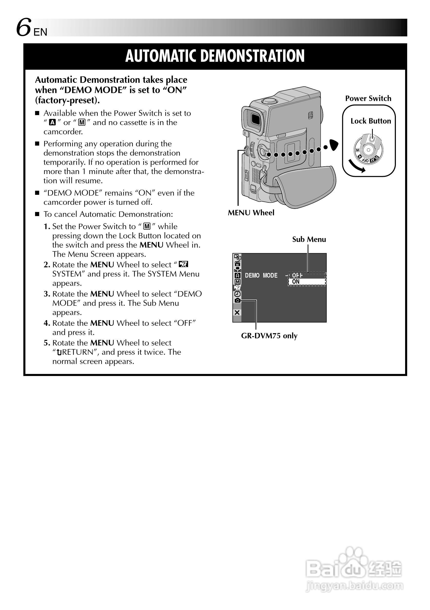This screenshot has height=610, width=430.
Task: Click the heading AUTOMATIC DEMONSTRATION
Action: [215, 56]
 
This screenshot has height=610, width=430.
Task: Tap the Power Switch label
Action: [368, 98]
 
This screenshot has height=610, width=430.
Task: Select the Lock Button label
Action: [370, 121]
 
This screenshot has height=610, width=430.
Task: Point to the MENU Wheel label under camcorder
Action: [251, 213]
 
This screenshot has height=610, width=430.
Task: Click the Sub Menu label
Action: [309, 240]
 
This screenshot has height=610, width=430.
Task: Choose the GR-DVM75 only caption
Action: [269, 336]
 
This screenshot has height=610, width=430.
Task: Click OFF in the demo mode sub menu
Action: [297, 276]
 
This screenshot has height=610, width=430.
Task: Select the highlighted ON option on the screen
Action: [296, 282]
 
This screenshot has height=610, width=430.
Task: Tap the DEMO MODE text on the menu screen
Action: [261, 276]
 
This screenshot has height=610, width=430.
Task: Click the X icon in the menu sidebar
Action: [237, 313]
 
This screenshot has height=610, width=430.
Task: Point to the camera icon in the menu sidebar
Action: [237, 300]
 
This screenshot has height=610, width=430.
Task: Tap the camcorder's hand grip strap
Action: [306, 186]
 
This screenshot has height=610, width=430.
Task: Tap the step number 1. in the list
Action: [47, 227]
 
